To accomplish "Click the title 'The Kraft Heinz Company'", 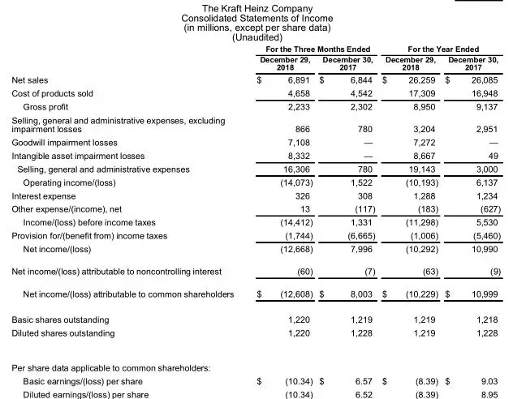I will click(x=256, y=8).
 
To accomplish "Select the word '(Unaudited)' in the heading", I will click(x=256, y=37).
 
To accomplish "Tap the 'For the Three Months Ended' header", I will click(x=318, y=49).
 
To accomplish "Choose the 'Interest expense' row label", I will click(x=43, y=196).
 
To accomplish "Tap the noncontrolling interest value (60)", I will click(x=300, y=272).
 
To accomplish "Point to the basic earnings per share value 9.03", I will click(x=487, y=380).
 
